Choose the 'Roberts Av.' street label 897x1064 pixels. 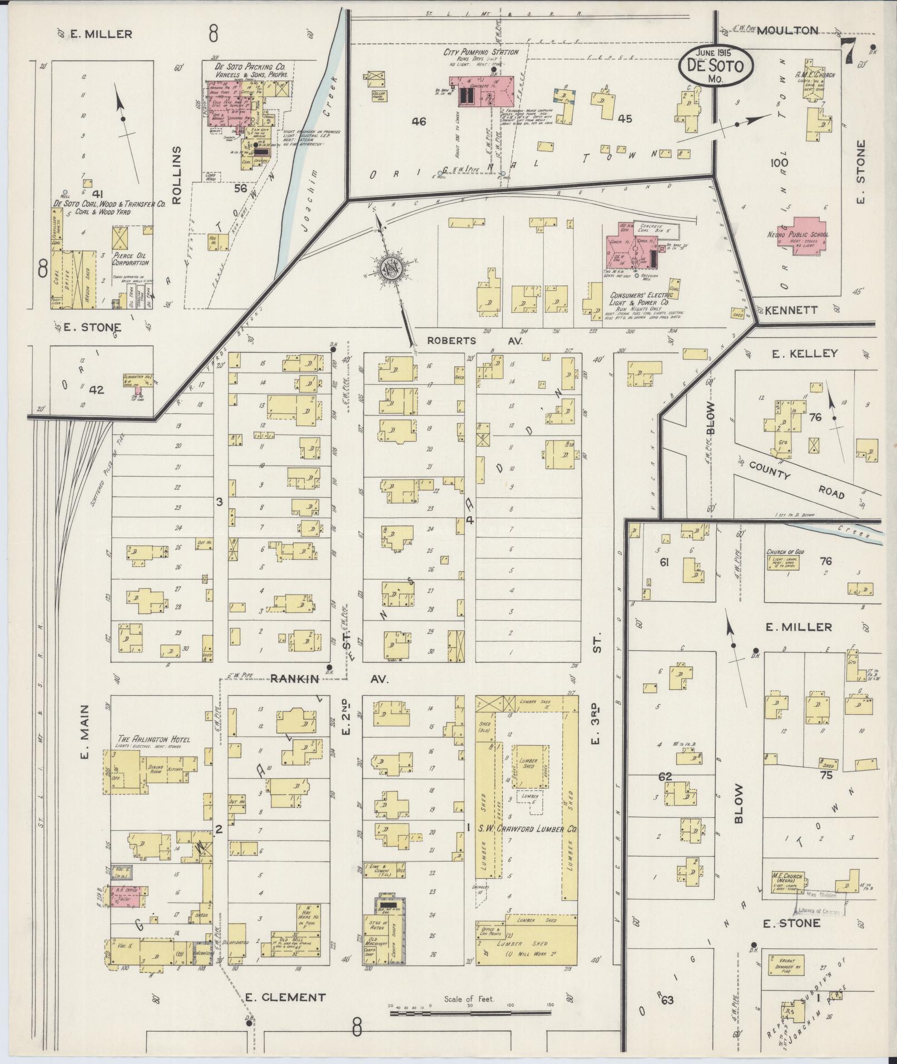475,340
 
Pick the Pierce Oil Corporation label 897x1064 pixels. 131,259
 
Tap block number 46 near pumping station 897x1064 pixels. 419,121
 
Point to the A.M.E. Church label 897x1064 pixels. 815,75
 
